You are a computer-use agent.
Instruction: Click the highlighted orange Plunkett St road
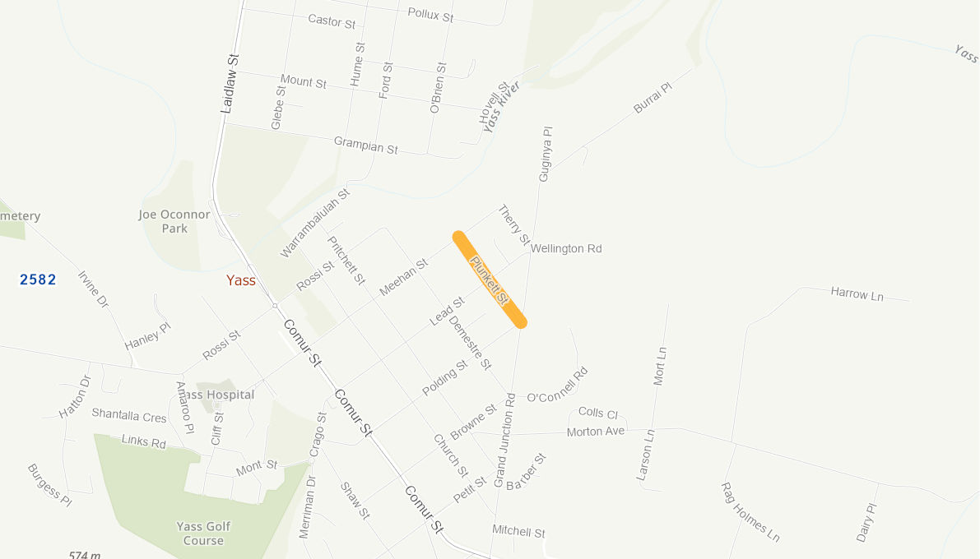coord(490,279)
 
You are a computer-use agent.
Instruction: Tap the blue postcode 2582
coord(38,279)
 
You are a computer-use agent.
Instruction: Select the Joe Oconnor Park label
coord(174,221)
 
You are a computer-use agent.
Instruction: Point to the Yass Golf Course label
coord(203,534)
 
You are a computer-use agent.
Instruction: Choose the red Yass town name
coord(241,280)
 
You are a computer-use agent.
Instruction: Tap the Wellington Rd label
coord(566,248)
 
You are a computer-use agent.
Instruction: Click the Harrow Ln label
coord(857,293)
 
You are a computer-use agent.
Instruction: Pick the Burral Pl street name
coord(653,97)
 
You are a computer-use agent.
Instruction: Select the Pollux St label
coord(430,15)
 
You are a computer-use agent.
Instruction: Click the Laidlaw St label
coord(229,83)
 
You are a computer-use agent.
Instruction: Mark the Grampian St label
coord(365,145)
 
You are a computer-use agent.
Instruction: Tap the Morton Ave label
coord(596,432)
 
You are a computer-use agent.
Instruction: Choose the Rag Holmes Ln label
coord(750,511)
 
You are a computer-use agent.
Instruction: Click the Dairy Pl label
coord(867,523)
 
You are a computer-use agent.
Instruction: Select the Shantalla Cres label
coord(129,417)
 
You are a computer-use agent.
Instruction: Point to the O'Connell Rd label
coord(558,386)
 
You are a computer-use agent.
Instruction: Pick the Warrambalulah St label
coord(315,223)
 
